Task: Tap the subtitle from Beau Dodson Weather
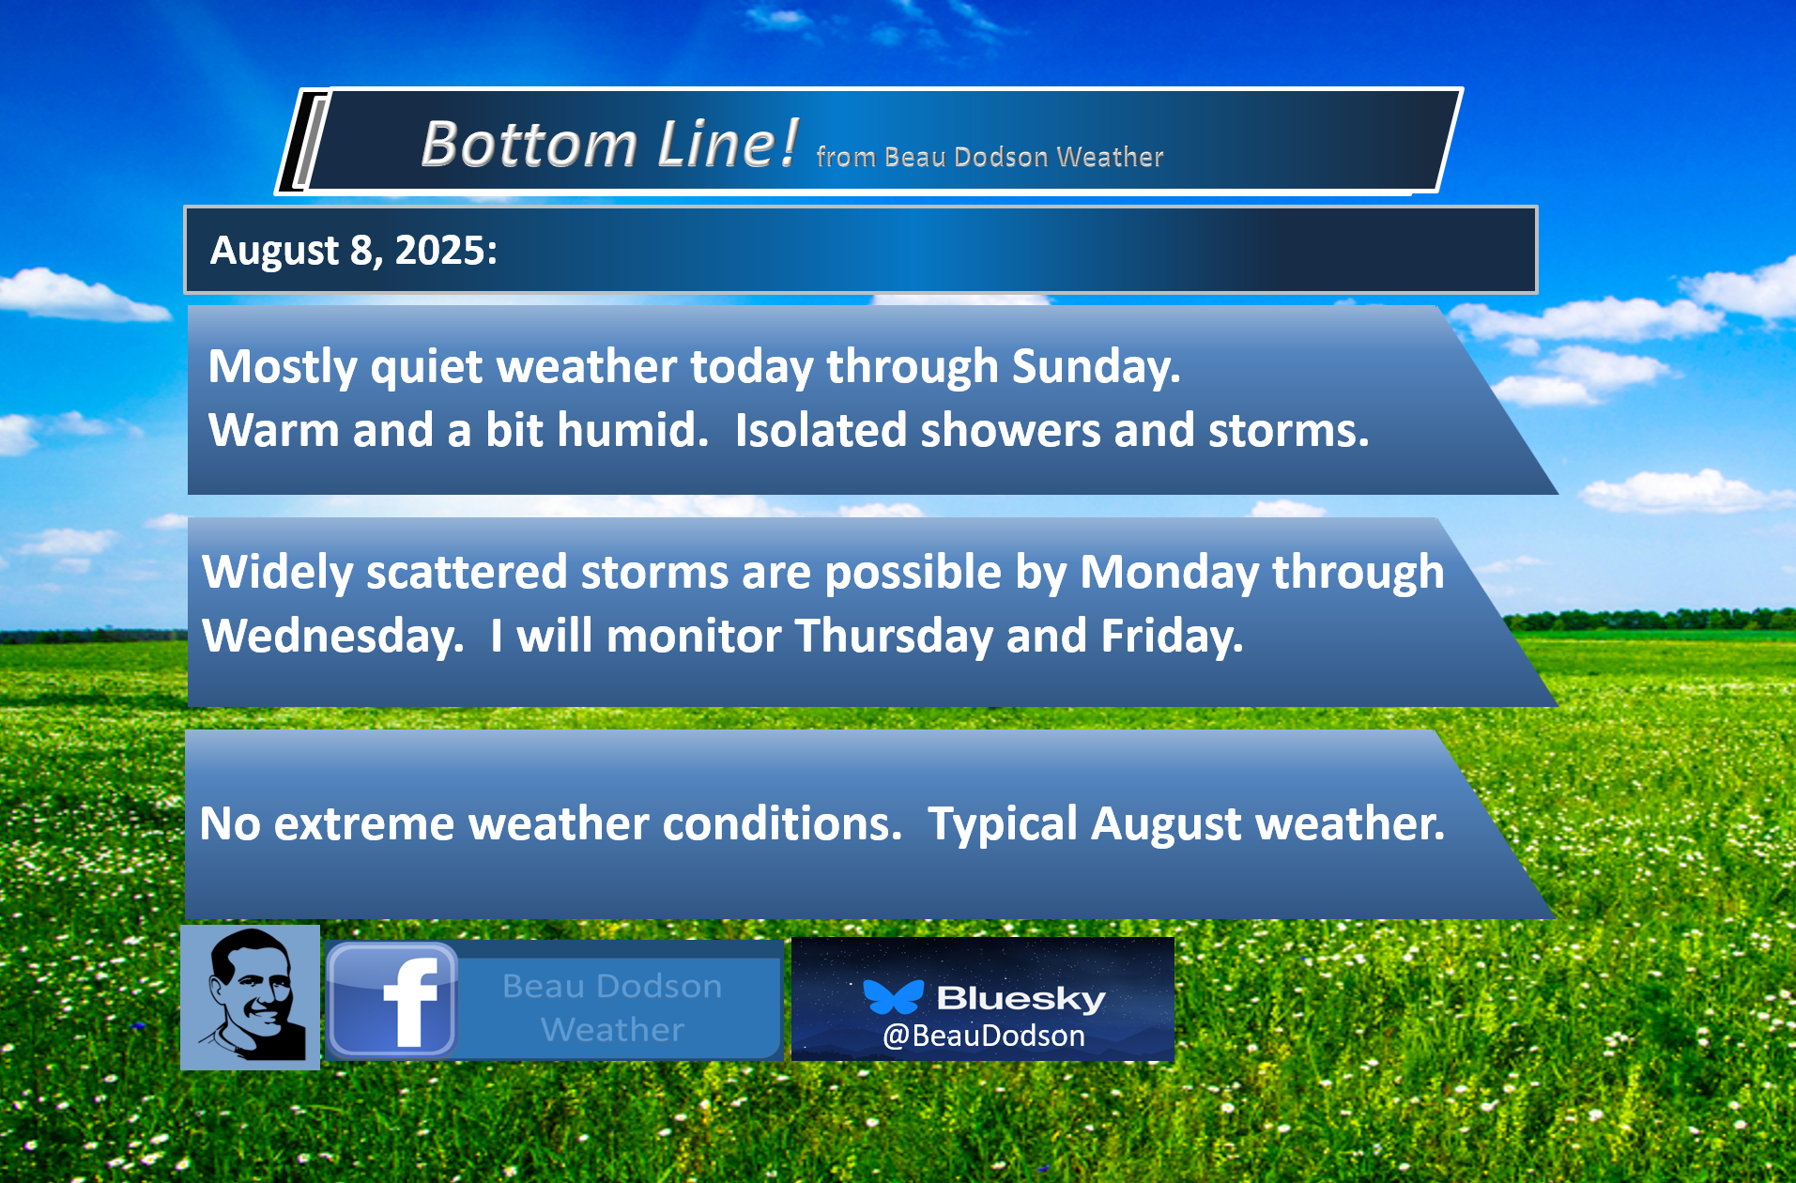tap(990, 156)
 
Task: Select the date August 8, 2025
tap(354, 251)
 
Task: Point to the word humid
tap(633, 430)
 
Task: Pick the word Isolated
tap(822, 430)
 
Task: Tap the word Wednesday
tap(333, 636)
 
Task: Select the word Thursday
tap(894, 637)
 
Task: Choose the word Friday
tap(1173, 637)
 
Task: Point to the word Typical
tap(1003, 824)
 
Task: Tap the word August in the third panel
tap(1167, 824)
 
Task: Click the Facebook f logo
tap(392, 1001)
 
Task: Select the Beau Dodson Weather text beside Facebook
tap(612, 1007)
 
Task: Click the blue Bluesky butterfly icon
tap(893, 996)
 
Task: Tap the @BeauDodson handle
tap(984, 1036)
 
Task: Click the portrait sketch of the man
tap(250, 997)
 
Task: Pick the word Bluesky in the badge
tap(1021, 998)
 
